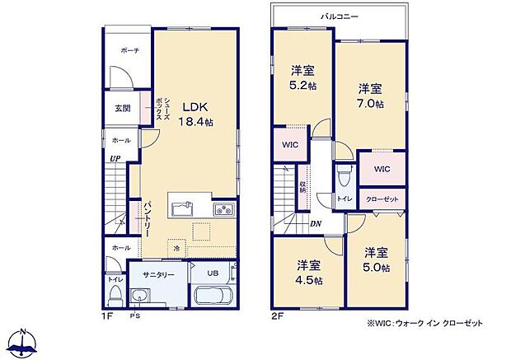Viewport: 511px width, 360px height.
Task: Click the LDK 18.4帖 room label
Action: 197,114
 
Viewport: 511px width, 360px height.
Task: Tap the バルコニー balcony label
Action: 340,16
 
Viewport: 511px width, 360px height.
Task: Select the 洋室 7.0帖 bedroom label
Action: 370,95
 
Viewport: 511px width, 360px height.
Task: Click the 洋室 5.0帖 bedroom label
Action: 377,259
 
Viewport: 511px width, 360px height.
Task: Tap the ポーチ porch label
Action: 129,50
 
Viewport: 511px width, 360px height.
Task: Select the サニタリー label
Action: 157,274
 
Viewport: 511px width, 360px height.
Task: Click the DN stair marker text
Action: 316,222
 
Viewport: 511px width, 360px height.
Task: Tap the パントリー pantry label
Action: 146,216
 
